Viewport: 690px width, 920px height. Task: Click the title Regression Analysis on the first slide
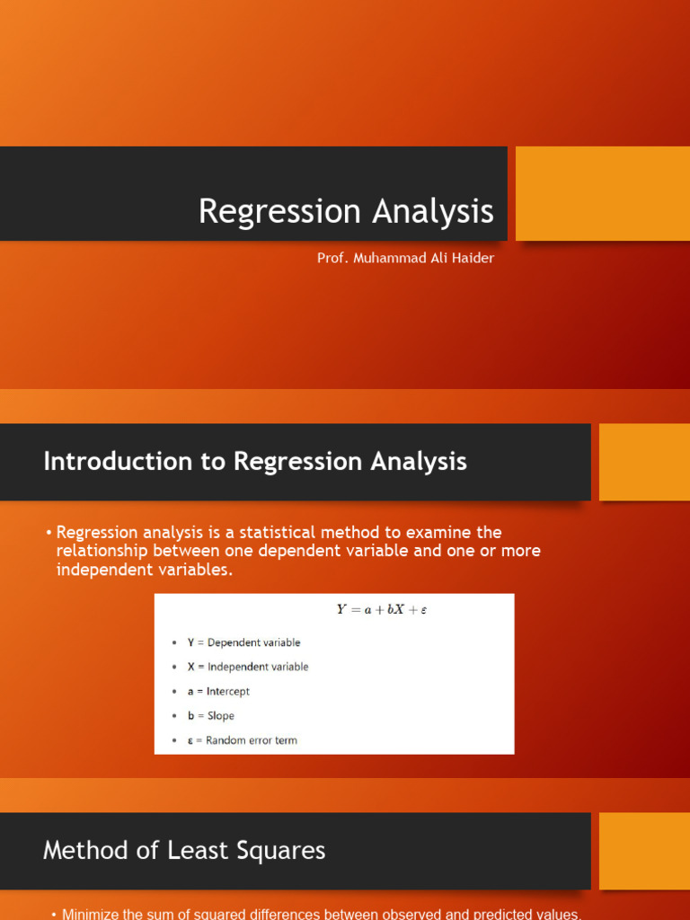pyautogui.click(x=346, y=212)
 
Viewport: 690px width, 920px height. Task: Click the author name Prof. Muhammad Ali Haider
pyautogui.click(x=405, y=258)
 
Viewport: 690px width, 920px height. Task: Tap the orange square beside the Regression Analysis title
pyautogui.click(x=602, y=193)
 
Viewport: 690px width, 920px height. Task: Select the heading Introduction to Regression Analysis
pyautogui.click(x=255, y=462)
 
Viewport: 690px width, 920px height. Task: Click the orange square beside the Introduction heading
pyautogui.click(x=643, y=462)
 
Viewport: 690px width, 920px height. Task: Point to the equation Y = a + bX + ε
pyautogui.click(x=382, y=609)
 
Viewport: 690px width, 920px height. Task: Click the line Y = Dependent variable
pyautogui.click(x=243, y=642)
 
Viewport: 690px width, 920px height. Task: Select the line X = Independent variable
pyautogui.click(x=247, y=667)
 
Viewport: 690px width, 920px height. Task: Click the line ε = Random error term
pyautogui.click(x=242, y=740)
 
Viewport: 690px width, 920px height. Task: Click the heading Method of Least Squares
pyautogui.click(x=184, y=850)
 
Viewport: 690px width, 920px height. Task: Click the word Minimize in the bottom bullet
pyautogui.click(x=90, y=914)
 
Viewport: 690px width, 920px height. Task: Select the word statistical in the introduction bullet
pyautogui.click(x=278, y=532)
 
